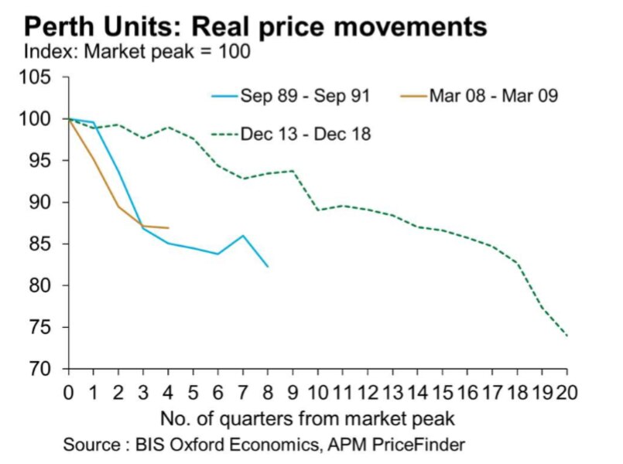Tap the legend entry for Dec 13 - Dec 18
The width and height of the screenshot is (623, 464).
306,135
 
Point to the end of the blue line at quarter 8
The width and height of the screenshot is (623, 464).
268,267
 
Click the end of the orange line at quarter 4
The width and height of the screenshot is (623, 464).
168,228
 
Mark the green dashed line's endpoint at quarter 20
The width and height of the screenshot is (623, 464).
567,336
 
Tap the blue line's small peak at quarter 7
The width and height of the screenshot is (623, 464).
243,236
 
